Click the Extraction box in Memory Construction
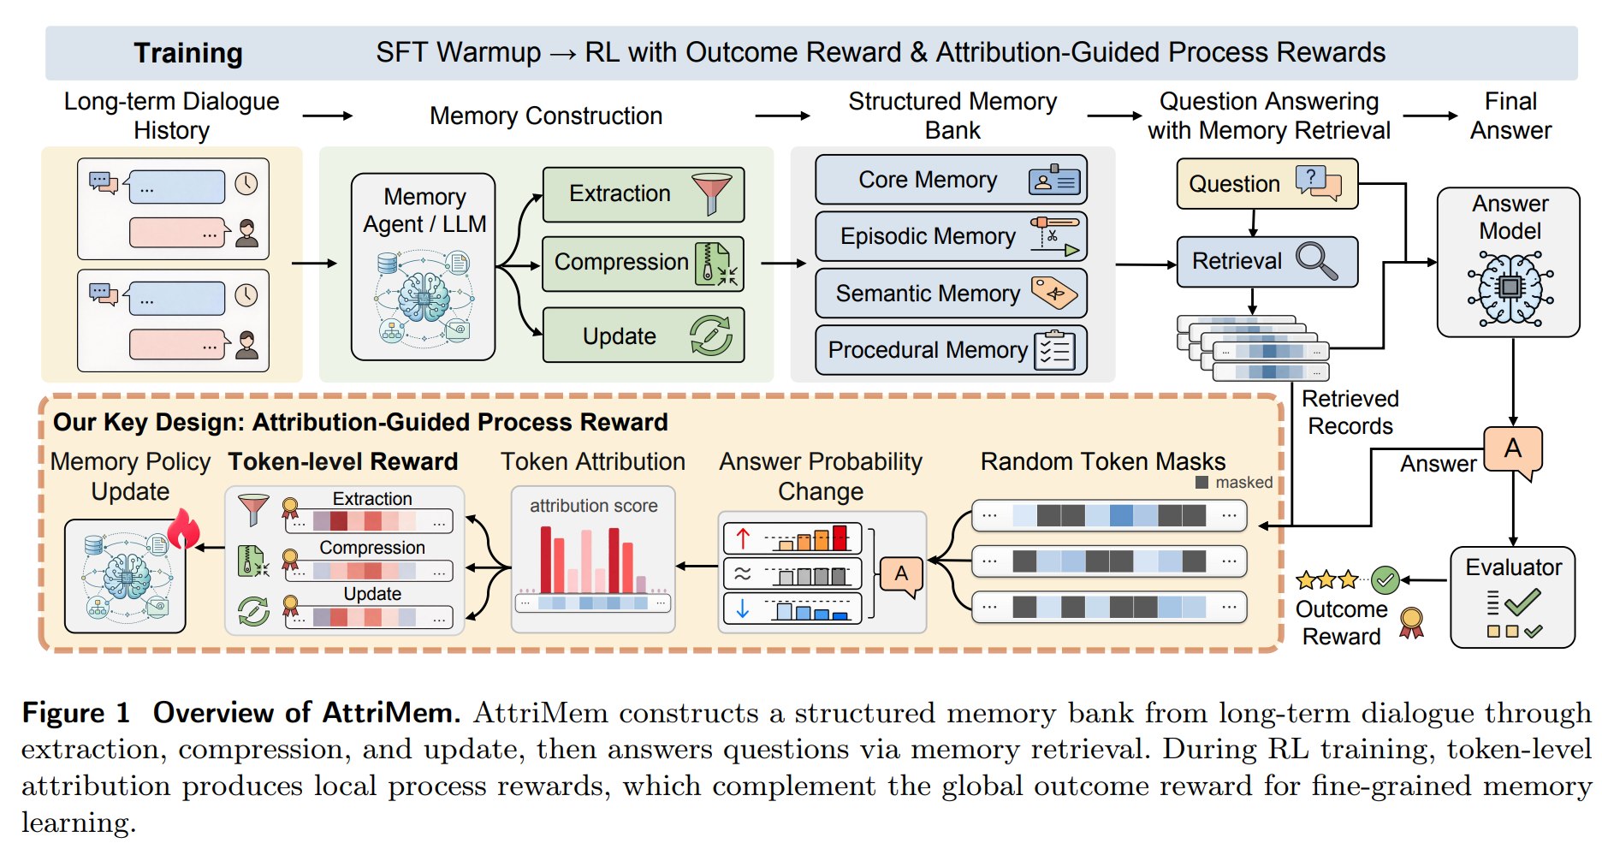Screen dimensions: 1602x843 click(644, 194)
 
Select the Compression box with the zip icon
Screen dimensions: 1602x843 click(644, 264)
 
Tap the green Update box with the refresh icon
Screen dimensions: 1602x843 click(644, 335)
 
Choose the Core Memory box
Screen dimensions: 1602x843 click(952, 180)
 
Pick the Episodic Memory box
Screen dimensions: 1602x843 click(952, 236)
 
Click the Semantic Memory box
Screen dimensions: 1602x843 click(952, 294)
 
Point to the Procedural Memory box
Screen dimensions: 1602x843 click(952, 350)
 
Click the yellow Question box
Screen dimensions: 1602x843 click(1267, 183)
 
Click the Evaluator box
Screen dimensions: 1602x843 click(1513, 597)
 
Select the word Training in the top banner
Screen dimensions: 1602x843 click(188, 53)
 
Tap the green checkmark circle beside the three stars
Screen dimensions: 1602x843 click(1385, 580)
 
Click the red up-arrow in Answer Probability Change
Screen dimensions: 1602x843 click(743, 538)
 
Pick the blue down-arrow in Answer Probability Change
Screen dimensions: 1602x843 click(743, 609)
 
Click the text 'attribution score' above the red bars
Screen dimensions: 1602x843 click(594, 506)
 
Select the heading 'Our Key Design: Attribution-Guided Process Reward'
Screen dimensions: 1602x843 click(360, 423)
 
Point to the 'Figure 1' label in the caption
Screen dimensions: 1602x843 click(76, 713)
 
